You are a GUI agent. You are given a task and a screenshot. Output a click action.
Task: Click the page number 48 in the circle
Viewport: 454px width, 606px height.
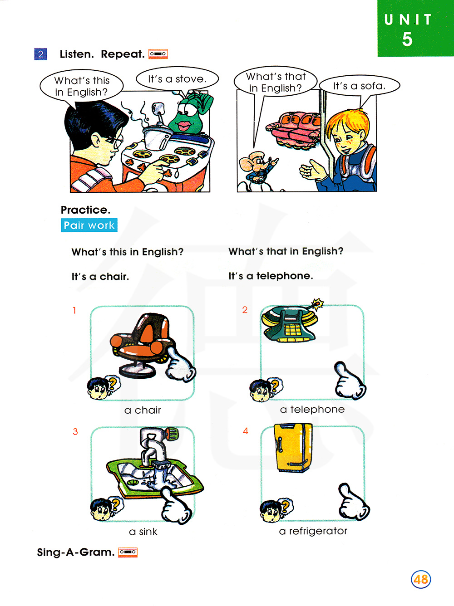coord(420,579)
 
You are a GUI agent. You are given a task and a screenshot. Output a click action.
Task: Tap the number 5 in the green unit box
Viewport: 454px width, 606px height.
coord(407,39)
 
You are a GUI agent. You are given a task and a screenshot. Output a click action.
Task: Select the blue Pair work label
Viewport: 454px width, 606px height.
coord(89,225)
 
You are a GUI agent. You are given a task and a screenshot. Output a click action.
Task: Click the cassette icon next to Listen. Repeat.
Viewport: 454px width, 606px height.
coord(158,54)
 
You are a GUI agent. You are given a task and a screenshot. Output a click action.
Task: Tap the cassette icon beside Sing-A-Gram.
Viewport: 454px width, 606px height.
coord(128,552)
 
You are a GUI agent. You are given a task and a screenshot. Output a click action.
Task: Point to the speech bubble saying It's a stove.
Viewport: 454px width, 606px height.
coord(178,79)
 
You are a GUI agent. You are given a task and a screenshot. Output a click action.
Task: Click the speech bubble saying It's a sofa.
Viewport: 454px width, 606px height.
coord(360,86)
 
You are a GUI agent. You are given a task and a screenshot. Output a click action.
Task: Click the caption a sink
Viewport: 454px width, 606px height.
coord(143,532)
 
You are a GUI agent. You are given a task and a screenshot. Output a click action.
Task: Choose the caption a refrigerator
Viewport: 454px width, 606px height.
coord(313,531)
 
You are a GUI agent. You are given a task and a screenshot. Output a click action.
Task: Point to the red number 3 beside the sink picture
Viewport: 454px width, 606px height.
coord(75,432)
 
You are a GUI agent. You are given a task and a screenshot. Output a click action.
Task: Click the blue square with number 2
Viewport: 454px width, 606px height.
coord(40,54)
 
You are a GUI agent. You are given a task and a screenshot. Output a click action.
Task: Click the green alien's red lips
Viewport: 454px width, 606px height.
coord(184,126)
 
